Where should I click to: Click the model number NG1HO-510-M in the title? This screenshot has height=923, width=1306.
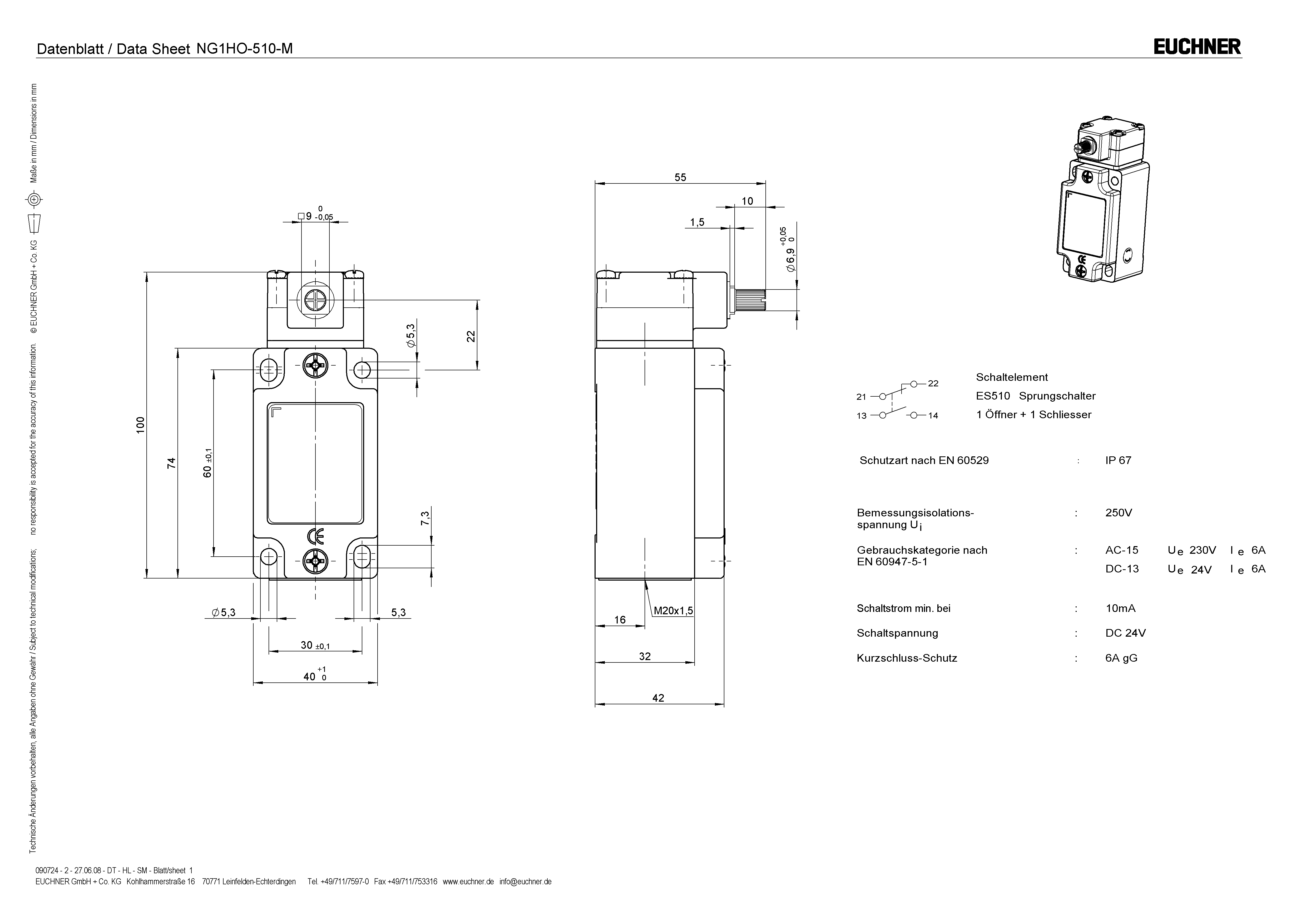click(245, 49)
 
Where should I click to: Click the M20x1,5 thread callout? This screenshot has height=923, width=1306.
click(673, 611)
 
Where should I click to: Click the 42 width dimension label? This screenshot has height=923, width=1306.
click(658, 698)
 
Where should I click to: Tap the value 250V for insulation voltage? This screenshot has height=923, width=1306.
click(1118, 512)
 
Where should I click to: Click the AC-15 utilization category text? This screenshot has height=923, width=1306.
click(1122, 550)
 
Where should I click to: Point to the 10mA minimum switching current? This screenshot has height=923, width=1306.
click(1120, 608)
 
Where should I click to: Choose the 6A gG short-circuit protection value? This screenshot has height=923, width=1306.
click(1121, 658)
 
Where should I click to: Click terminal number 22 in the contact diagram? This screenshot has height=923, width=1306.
click(933, 383)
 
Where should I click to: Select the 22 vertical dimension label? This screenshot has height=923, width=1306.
click(471, 336)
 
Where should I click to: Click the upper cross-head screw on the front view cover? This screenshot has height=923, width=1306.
click(315, 365)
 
